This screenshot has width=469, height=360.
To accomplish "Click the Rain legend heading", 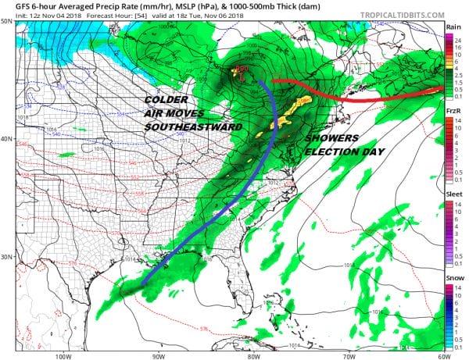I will tap(453, 26).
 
